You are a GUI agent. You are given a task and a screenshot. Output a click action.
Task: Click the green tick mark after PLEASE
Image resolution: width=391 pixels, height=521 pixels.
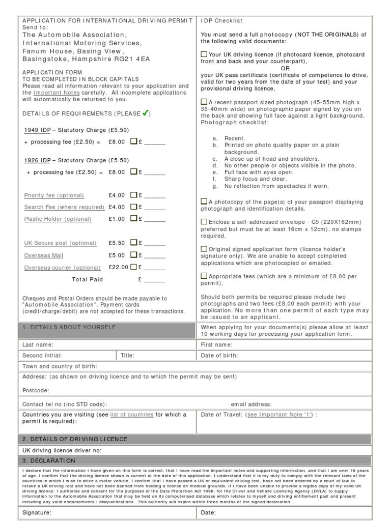pyautogui.click(x=145, y=113)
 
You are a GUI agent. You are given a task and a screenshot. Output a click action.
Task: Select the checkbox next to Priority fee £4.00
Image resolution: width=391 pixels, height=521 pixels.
pyautogui.click(x=133, y=195)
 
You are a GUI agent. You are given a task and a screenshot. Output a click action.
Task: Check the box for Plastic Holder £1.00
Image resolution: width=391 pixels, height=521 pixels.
pyautogui.click(x=133, y=219)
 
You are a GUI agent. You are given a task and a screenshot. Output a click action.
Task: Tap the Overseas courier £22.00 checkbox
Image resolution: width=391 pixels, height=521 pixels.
pyautogui.click(x=133, y=267)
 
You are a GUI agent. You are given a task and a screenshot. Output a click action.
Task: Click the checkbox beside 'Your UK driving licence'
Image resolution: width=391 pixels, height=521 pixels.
pyautogui.click(x=204, y=54)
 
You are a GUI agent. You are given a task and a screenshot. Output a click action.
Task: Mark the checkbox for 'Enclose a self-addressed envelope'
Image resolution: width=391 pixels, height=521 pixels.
pyautogui.click(x=204, y=221)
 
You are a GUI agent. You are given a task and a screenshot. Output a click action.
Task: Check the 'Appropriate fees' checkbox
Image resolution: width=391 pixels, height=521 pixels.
pyautogui.click(x=204, y=276)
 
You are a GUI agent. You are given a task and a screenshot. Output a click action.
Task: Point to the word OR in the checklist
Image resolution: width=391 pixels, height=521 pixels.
pyautogui.click(x=285, y=68)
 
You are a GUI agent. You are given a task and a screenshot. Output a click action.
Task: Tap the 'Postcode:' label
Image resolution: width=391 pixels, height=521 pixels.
pyautogui.click(x=36, y=390)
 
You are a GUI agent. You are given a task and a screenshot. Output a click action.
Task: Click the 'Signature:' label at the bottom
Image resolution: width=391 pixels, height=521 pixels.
pyautogui.click(x=37, y=512)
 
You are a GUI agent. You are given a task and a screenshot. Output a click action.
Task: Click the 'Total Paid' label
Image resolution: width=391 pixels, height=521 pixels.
pyautogui.click(x=88, y=279)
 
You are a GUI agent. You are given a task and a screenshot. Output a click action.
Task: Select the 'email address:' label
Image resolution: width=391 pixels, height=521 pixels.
pyautogui.click(x=251, y=404)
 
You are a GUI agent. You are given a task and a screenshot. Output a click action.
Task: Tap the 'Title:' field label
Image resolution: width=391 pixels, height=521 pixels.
pyautogui.click(x=127, y=356)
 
